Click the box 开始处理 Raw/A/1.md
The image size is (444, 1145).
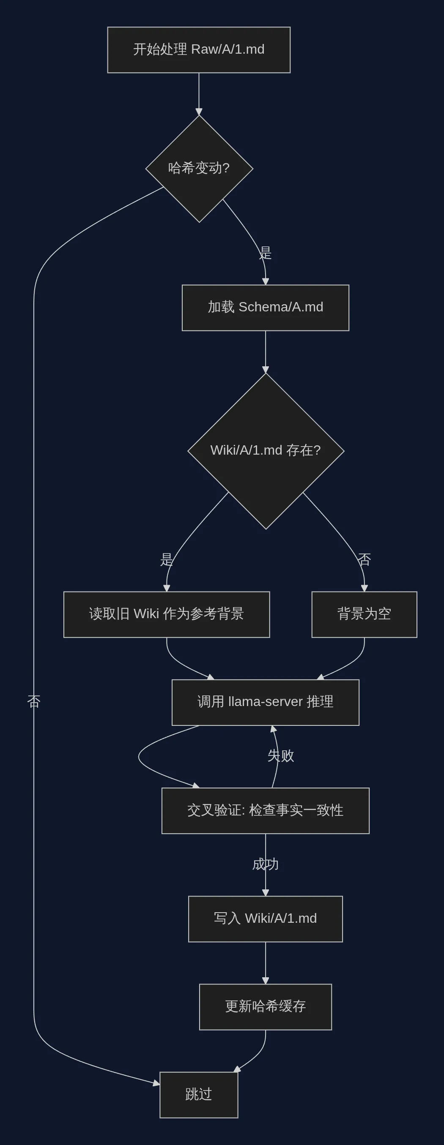[x=199, y=50]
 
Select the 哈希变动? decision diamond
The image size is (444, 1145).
[x=199, y=169]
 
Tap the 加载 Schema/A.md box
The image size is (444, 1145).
[x=266, y=308]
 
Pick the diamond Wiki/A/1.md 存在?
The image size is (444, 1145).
[x=266, y=451]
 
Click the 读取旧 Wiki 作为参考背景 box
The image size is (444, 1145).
[x=166, y=614]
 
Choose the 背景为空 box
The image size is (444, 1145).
[x=364, y=614]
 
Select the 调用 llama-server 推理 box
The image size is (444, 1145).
[x=266, y=702]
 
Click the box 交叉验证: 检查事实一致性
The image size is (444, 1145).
[x=266, y=810]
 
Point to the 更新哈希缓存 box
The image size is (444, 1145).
[x=266, y=1007]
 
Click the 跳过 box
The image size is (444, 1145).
[x=199, y=1094]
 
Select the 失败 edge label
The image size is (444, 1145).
[x=281, y=755]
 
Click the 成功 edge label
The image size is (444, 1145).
[x=266, y=864]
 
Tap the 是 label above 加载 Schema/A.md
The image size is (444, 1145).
[x=266, y=253]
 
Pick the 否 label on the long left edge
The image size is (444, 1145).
[x=34, y=701]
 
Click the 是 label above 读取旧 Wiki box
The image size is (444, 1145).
[x=166, y=559]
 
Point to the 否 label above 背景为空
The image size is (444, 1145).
[x=364, y=559]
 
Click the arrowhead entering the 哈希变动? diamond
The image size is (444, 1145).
[x=199, y=112]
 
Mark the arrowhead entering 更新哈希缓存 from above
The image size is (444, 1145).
[x=266, y=981]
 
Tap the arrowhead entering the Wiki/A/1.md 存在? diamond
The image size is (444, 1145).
[x=266, y=370]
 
